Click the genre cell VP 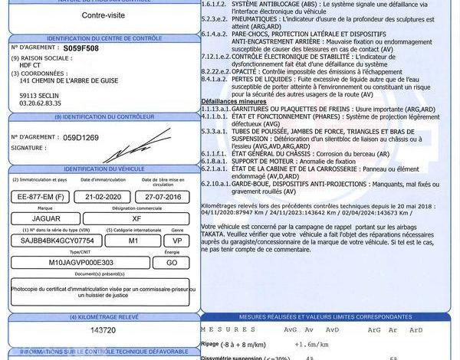click(x=177, y=240)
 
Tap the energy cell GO click(x=177, y=261)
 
